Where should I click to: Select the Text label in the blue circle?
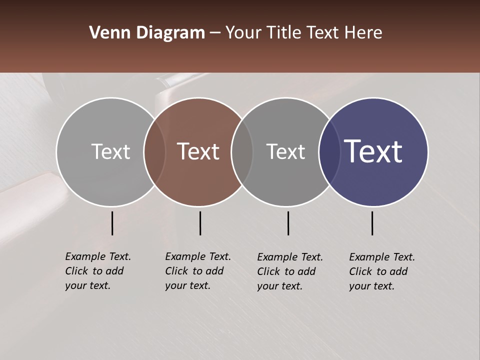pyautogui.click(x=373, y=151)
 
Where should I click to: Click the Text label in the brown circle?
pyautogui.click(x=198, y=151)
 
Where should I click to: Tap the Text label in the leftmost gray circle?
pyautogui.click(x=110, y=151)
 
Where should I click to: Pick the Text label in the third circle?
pyautogui.click(x=285, y=151)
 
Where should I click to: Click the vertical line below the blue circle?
pyautogui.click(x=372, y=223)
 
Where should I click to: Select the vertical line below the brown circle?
pyautogui.click(x=200, y=223)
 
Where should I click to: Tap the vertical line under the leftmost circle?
pyautogui.click(x=112, y=223)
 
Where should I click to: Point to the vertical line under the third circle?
pyautogui.click(x=288, y=223)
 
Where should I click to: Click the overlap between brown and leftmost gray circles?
pyautogui.click(x=154, y=151)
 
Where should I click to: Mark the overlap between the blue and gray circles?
pyautogui.click(x=329, y=151)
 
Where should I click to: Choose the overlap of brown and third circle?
pyautogui.click(x=242, y=151)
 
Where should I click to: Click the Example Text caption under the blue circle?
pyautogui.click(x=382, y=271)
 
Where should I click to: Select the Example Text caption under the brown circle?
pyautogui.click(x=198, y=271)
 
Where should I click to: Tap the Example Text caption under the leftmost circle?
pyautogui.click(x=98, y=271)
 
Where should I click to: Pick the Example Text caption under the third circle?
pyautogui.click(x=290, y=271)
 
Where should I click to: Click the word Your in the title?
pyautogui.click(x=243, y=33)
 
